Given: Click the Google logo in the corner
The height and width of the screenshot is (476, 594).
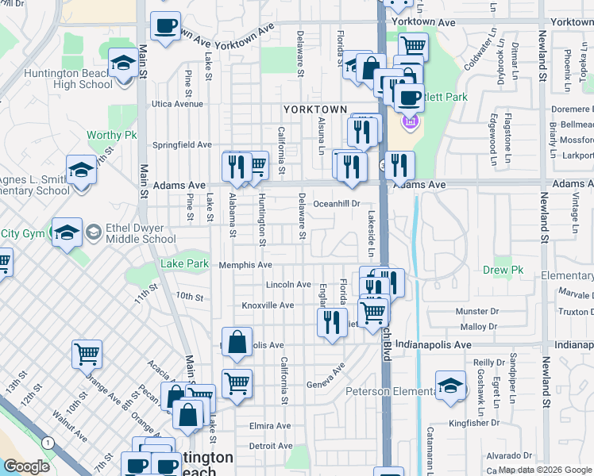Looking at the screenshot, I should (26, 466).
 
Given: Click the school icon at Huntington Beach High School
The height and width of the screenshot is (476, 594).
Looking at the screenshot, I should (123, 64).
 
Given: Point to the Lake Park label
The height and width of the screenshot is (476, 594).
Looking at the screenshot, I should (184, 263).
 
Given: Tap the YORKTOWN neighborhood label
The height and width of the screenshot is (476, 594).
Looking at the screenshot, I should (316, 109).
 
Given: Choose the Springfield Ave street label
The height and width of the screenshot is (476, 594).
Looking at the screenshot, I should (183, 145).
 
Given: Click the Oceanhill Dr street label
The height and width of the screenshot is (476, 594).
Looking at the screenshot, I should (337, 204).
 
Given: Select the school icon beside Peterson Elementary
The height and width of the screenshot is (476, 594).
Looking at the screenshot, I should (450, 386).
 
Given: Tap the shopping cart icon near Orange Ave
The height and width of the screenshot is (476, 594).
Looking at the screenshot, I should (87, 354).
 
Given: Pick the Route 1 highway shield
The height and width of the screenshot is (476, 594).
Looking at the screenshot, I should (48, 442).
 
